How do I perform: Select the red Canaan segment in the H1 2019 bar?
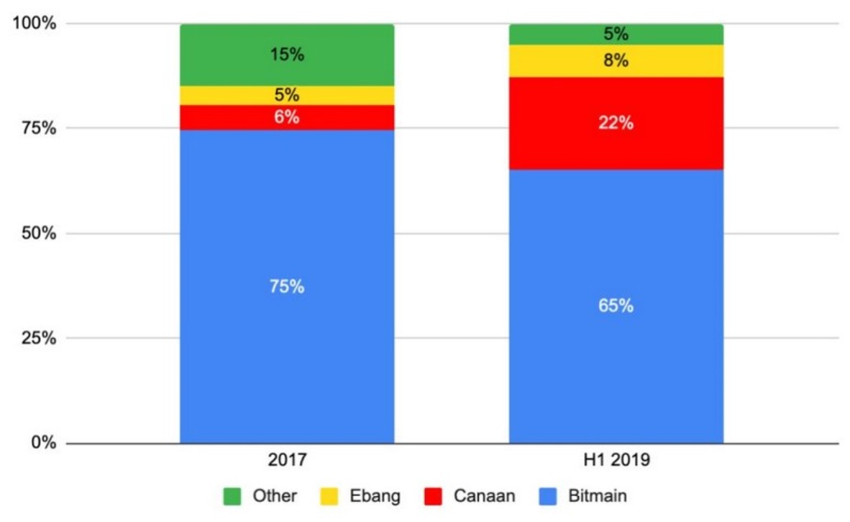[616, 144]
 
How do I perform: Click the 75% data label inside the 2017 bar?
[286, 286]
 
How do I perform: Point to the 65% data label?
[616, 306]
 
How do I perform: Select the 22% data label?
[616, 124]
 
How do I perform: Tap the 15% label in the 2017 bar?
[286, 55]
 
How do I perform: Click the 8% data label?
[616, 61]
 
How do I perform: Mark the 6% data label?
[286, 116]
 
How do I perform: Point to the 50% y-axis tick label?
[33, 234]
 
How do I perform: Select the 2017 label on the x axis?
[286, 460]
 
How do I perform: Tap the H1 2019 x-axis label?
[616, 460]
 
